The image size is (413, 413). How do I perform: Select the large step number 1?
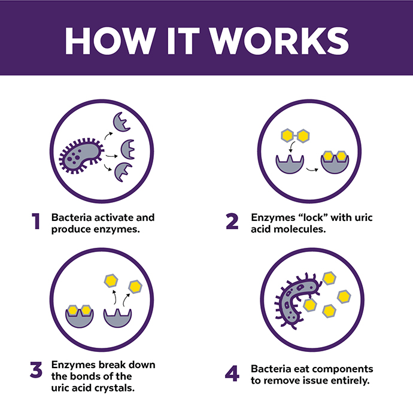36,221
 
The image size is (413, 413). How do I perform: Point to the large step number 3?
36,370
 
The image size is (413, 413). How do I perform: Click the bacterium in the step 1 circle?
81,156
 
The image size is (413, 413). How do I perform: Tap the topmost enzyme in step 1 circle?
124,122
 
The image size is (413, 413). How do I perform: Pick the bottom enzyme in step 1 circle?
124,172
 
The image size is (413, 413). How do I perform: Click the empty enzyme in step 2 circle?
290,166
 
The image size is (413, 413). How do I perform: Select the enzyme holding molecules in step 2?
335,163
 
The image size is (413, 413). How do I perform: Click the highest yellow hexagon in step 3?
110,279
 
